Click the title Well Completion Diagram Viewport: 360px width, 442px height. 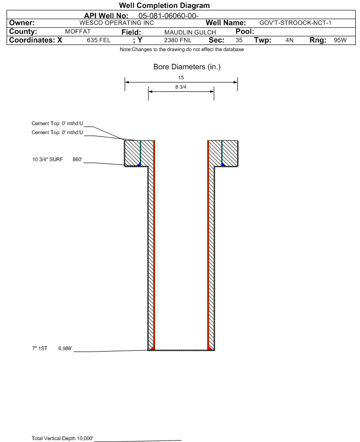point(164,5)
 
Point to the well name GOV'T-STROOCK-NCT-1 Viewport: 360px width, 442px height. point(296,22)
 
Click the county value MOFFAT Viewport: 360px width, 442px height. point(78,31)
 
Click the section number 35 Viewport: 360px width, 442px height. point(239,40)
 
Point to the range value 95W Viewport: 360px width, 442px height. point(340,40)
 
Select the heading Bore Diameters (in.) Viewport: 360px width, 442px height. point(187,67)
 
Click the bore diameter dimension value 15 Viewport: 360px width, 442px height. point(181,78)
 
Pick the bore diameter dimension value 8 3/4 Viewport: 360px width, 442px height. point(181,87)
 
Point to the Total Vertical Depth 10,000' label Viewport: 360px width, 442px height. point(62,438)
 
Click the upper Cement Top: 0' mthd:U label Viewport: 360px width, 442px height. point(57,123)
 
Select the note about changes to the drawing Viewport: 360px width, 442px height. point(181,50)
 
